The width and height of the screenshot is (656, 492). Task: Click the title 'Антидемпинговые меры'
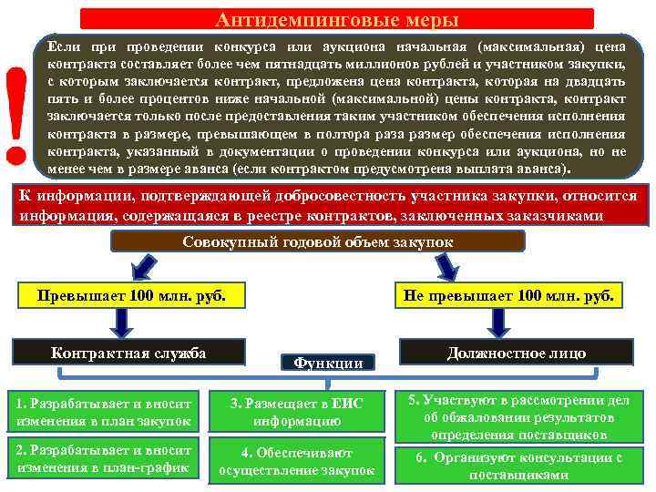coord(337,19)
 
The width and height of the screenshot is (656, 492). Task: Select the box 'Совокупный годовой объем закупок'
coord(317,242)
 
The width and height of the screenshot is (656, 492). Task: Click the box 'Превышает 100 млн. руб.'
coord(128,296)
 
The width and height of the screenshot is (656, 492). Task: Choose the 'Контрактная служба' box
coord(128,354)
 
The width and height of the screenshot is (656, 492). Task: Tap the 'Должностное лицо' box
coord(516,354)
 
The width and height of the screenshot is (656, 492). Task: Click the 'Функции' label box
coord(328,363)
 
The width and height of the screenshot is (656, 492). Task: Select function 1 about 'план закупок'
coord(103,411)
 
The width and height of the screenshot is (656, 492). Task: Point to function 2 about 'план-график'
coord(103,460)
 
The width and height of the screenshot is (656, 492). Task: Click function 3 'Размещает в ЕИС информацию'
coord(297,412)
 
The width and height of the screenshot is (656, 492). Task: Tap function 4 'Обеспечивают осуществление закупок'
coord(297,461)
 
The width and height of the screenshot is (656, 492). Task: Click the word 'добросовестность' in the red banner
coord(321,197)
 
